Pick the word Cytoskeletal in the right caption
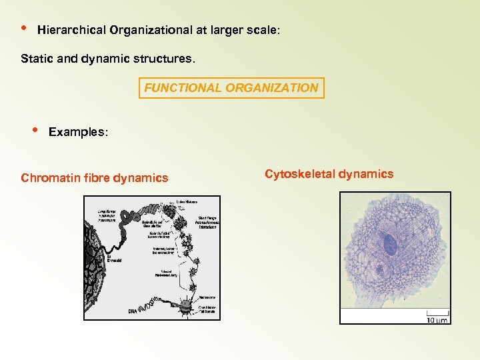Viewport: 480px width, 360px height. (299, 174)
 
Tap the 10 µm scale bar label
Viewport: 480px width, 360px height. (437, 319)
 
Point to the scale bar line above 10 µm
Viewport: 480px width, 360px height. (437, 312)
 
